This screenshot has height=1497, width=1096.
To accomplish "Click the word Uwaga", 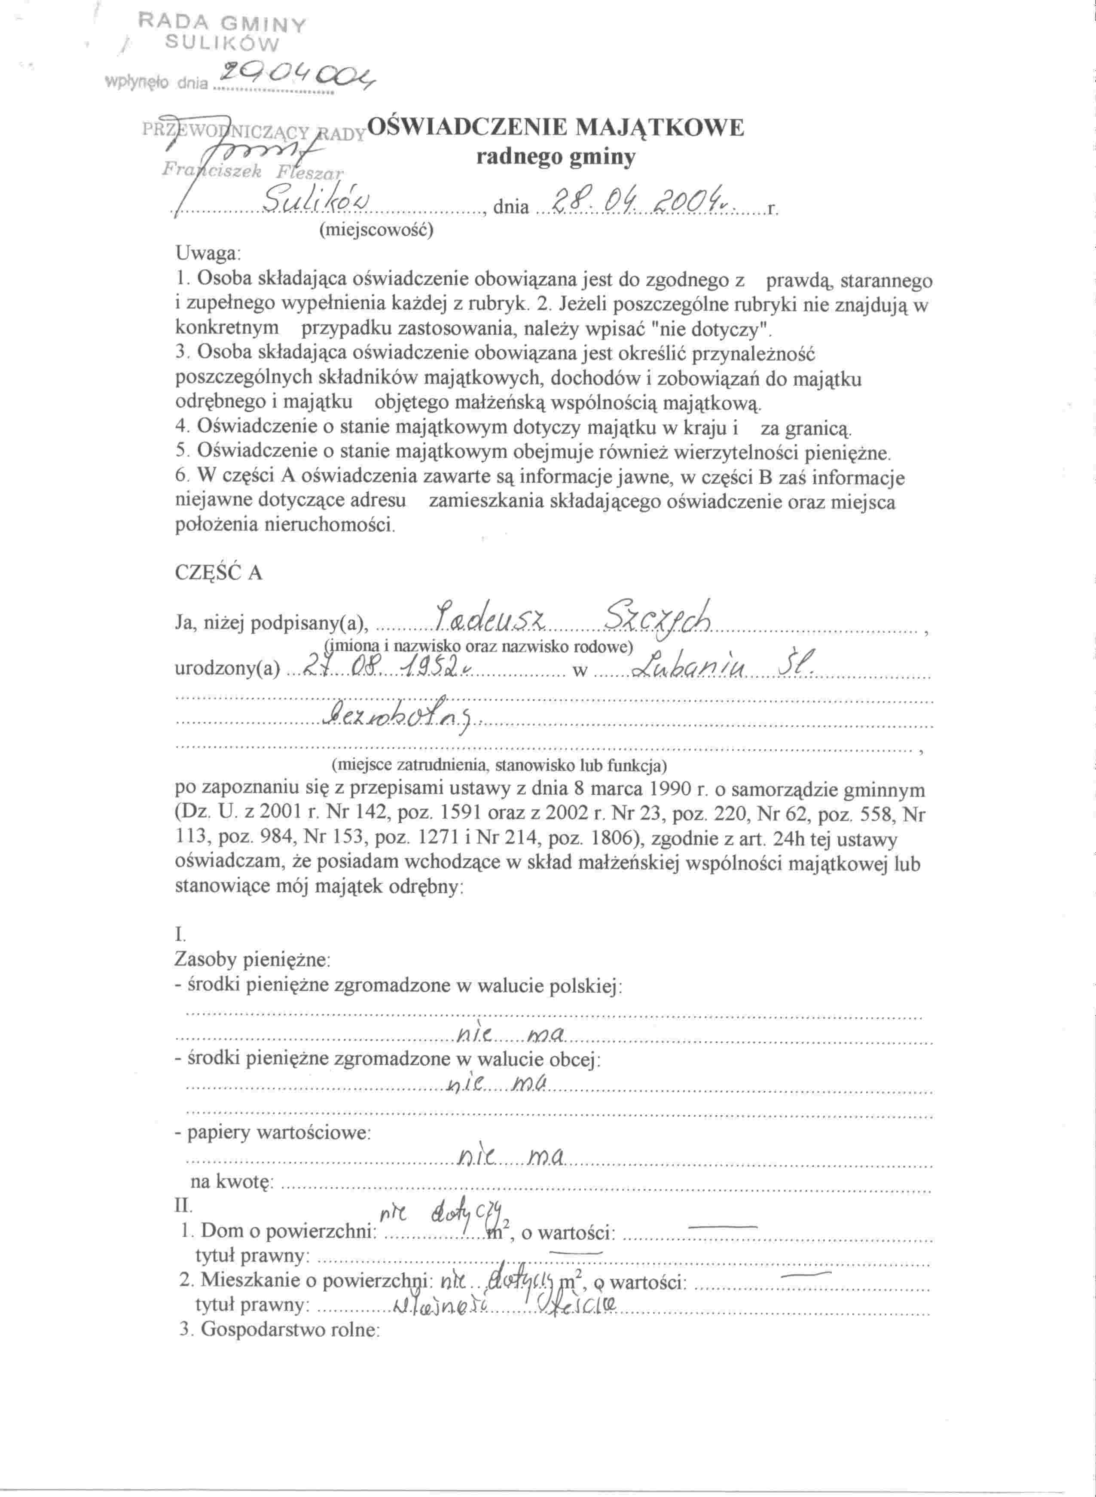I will (x=208, y=253).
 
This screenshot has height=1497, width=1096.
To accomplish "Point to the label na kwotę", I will (x=229, y=1181).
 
